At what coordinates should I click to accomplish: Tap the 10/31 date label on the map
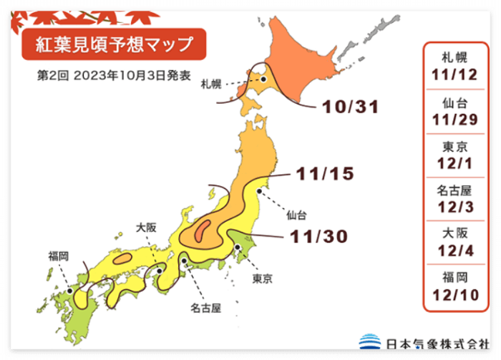(349, 108)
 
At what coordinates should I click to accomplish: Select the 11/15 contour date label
(324, 173)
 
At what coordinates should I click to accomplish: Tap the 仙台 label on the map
(296, 214)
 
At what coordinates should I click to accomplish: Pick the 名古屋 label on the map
(205, 308)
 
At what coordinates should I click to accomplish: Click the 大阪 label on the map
(146, 228)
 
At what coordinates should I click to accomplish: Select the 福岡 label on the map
(59, 256)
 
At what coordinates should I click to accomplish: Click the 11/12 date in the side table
(455, 74)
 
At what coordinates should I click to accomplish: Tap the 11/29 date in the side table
(455, 119)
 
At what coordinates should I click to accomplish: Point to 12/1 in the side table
(455, 164)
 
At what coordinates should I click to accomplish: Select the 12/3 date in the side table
(455, 208)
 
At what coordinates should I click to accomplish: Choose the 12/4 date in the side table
(455, 253)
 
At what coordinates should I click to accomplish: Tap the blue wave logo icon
(370, 342)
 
